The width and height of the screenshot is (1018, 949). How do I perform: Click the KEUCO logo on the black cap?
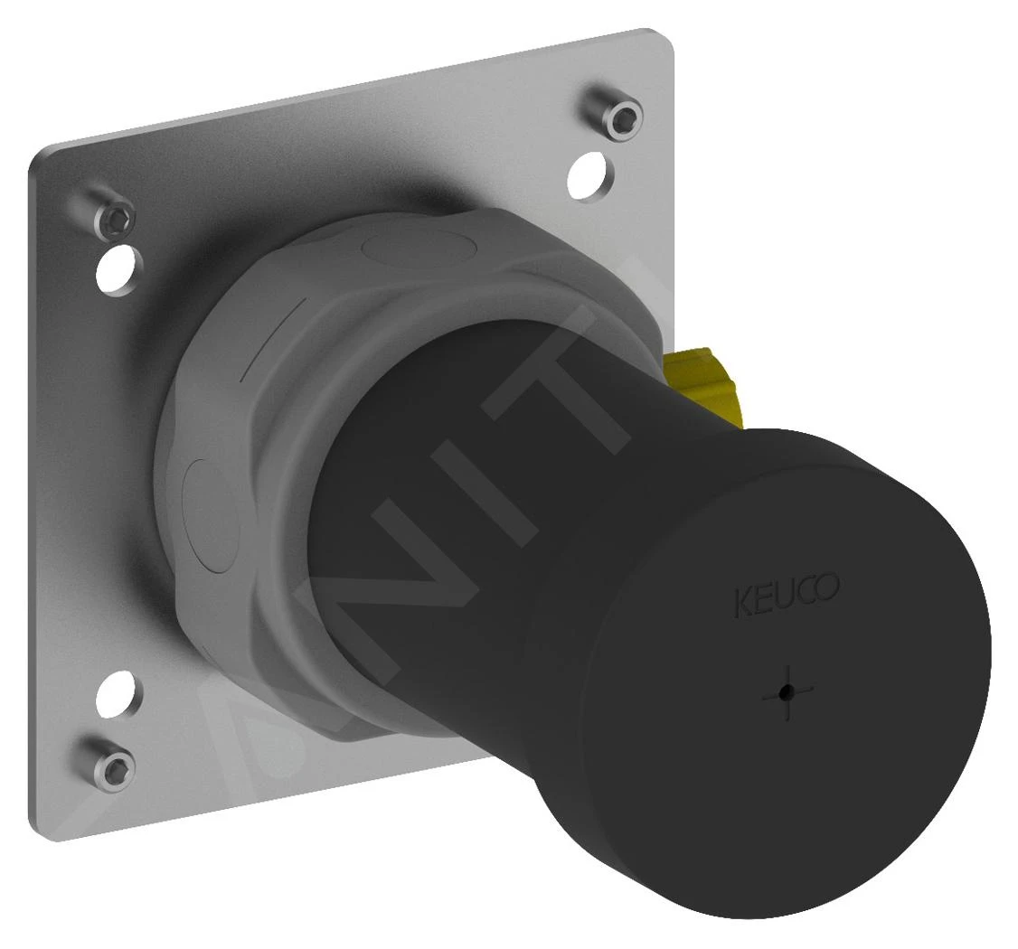786,596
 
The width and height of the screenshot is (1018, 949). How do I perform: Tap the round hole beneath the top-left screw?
120,268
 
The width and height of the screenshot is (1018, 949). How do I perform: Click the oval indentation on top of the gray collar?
412,248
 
